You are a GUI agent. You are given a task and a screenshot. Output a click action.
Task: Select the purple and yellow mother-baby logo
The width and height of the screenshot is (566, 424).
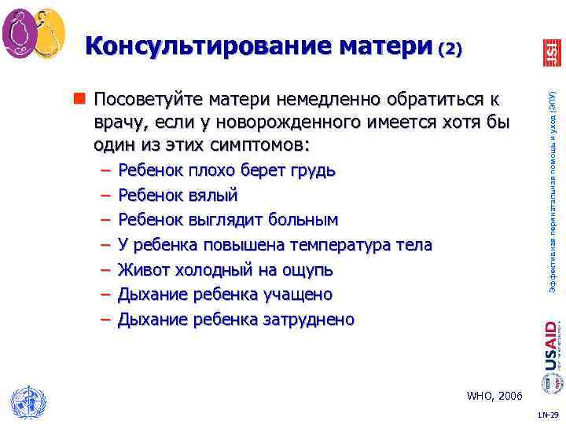pyautogui.click(x=33, y=34)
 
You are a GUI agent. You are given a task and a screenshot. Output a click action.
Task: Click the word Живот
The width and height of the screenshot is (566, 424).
pyautogui.click(x=141, y=269)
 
